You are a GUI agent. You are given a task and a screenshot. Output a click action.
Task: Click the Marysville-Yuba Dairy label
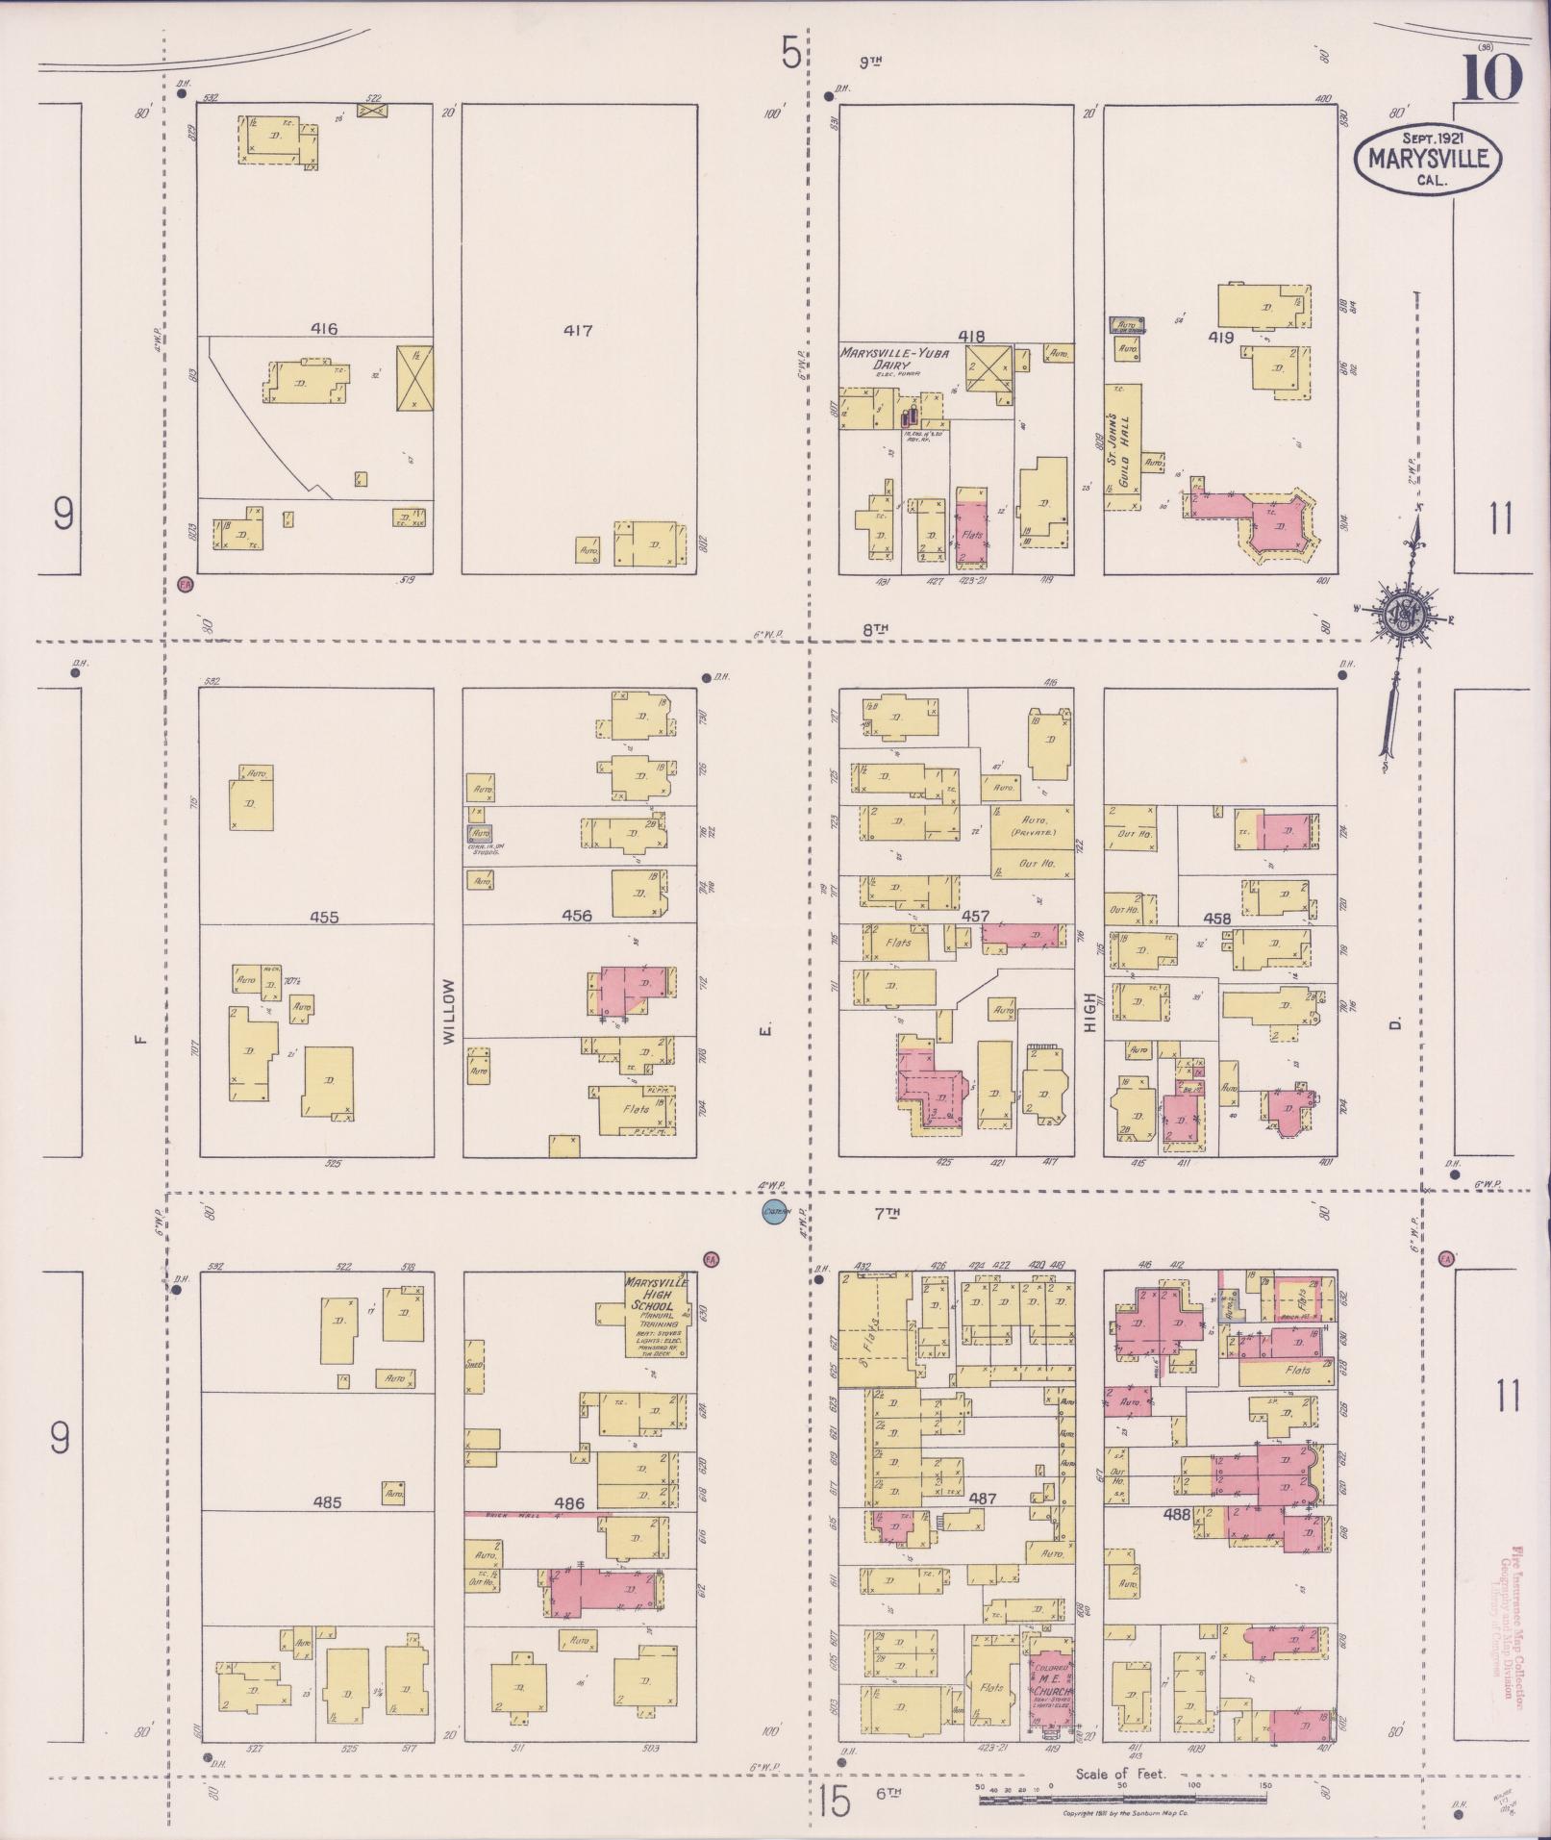894,360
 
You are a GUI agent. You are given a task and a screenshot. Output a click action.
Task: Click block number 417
578,331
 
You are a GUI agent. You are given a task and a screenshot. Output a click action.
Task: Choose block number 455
324,918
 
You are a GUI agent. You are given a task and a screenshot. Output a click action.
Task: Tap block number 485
328,1501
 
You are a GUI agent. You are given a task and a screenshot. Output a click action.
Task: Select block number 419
1221,338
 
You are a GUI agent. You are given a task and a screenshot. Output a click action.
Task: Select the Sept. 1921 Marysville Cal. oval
1426,156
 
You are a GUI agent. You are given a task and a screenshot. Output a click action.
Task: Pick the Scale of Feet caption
1120,1774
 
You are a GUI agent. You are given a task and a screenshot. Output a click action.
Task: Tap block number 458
1217,919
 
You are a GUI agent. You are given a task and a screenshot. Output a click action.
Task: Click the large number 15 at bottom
837,1801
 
